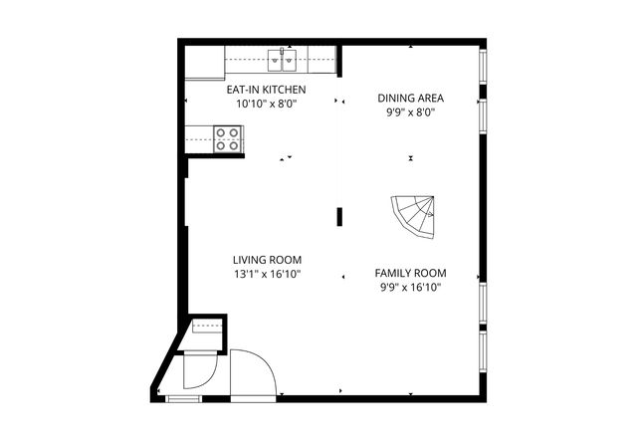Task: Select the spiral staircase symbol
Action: [x=414, y=214]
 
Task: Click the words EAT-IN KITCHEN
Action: [x=266, y=90]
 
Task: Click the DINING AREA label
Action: [x=410, y=98]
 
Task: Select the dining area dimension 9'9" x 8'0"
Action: [x=410, y=112]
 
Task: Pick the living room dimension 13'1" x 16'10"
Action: [x=266, y=273]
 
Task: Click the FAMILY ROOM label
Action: [x=410, y=273]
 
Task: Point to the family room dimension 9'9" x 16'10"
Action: [x=410, y=288]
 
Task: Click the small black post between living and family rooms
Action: [x=339, y=215]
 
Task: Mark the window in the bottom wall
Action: [x=182, y=398]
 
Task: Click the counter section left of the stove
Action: [x=199, y=138]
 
